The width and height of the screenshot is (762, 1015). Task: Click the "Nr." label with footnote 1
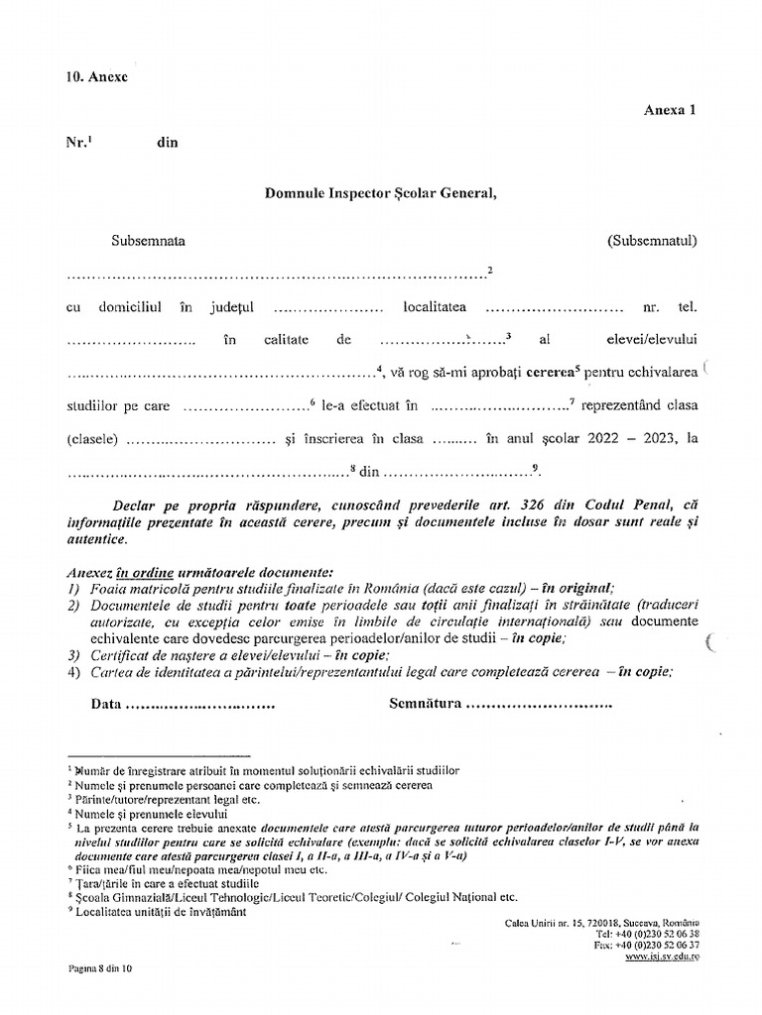(x=78, y=142)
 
